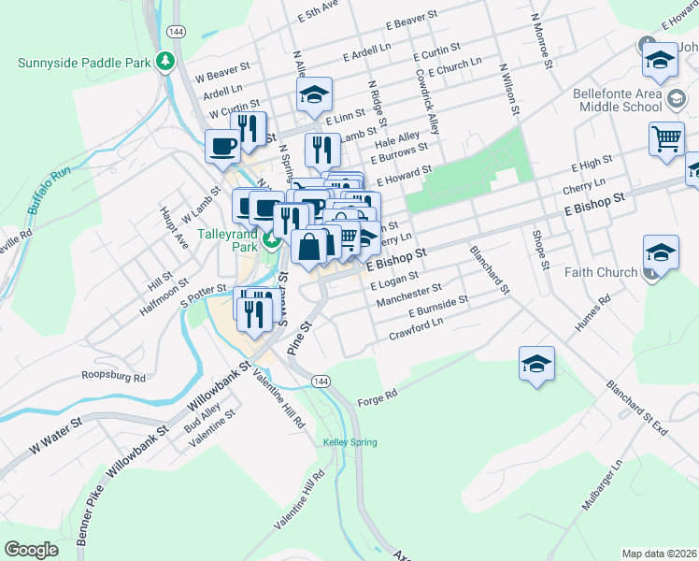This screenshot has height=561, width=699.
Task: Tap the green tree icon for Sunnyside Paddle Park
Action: (165, 62)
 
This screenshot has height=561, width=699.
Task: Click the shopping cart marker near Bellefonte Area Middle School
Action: (666, 137)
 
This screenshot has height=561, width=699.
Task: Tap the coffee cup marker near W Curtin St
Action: (223, 146)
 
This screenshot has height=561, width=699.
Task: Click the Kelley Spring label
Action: (349, 441)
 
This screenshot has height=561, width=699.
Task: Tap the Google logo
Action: (32, 550)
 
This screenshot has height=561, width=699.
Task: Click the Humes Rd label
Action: (592, 313)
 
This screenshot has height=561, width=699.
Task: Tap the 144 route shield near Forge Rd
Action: (321, 381)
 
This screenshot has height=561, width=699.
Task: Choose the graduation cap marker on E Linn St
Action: (314, 93)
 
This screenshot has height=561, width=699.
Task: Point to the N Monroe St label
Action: (540, 41)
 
